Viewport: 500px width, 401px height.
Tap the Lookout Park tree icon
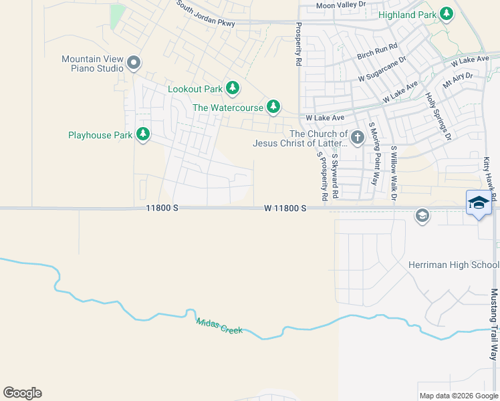point(233,88)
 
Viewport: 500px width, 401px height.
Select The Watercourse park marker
point(273,107)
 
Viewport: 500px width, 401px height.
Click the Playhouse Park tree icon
point(142,135)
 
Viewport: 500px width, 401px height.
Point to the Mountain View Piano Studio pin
point(134,63)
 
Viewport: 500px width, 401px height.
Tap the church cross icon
point(357,138)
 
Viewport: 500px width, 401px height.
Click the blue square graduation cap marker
point(479,204)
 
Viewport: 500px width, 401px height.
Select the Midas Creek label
point(219,325)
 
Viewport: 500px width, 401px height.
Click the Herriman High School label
point(453,265)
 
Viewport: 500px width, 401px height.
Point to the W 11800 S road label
point(285,209)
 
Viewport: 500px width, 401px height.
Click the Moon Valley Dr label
point(342,5)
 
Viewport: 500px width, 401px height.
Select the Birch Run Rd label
point(377,51)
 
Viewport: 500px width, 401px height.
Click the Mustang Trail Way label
point(495,323)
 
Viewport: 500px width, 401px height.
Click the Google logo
point(22,393)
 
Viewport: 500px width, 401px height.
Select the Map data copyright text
point(459,396)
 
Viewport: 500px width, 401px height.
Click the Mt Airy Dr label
point(457,81)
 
